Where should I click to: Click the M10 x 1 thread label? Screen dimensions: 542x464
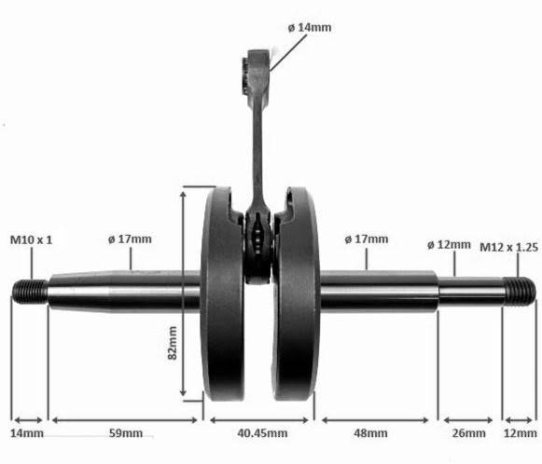pyautogui.click(x=32, y=239)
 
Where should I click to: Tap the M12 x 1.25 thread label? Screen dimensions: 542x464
pyautogui.click(x=508, y=247)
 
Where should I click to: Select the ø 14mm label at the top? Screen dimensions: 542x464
pyautogui.click(x=310, y=27)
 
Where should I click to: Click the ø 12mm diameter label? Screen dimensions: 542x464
pyautogui.click(x=449, y=245)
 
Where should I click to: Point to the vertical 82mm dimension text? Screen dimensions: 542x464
pyautogui.click(x=173, y=343)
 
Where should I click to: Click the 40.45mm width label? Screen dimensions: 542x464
pyautogui.click(x=262, y=433)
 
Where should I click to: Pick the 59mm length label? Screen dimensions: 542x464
pyautogui.click(x=126, y=433)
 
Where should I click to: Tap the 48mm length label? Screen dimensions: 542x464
pyautogui.click(x=370, y=433)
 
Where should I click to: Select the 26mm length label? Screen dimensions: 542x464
pyautogui.click(x=468, y=433)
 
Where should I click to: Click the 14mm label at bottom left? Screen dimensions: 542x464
pyautogui.click(x=27, y=433)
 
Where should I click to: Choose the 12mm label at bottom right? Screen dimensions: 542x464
pyautogui.click(x=521, y=433)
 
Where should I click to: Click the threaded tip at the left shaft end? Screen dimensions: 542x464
pyautogui.click(x=30, y=292)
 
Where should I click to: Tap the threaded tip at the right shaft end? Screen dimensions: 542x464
pyautogui.click(x=520, y=292)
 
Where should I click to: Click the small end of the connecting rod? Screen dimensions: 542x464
pyautogui.click(x=257, y=73)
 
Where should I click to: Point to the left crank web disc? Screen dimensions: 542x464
pyautogui.click(x=222, y=293)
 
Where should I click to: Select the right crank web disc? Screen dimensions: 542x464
pyautogui.click(x=296, y=293)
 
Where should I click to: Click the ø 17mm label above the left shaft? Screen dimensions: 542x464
pyautogui.click(x=130, y=239)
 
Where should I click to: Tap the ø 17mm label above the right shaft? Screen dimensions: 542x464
pyautogui.click(x=367, y=239)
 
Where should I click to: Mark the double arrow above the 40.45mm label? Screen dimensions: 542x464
pyautogui.click(x=259, y=420)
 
